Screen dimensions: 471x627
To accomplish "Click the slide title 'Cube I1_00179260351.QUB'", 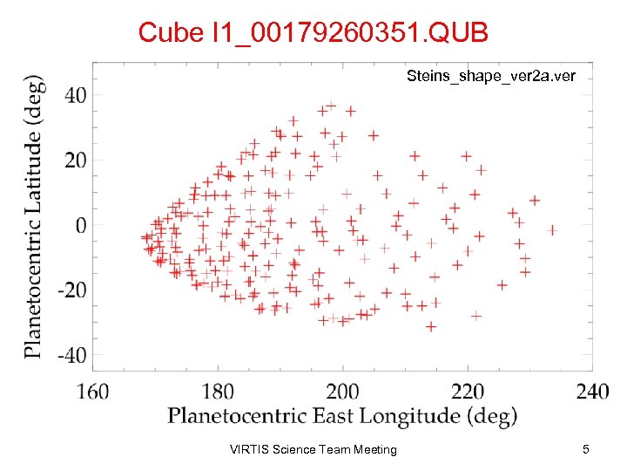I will click(x=313, y=33).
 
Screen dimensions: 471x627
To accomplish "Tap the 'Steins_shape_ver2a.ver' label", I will click(x=491, y=77).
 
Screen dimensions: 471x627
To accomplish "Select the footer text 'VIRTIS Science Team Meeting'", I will click(x=313, y=450).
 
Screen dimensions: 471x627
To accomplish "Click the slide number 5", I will click(x=586, y=450).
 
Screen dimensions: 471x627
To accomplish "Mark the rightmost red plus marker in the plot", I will click(x=551, y=230).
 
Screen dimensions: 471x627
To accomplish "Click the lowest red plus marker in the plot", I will click(x=430, y=326).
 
